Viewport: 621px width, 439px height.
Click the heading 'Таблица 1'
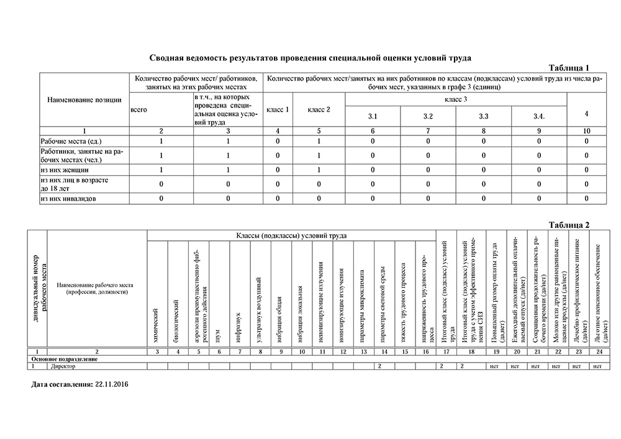coord(569,67)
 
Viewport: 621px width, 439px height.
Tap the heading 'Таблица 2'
coord(569,224)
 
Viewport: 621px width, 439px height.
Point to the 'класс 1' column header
coord(278,110)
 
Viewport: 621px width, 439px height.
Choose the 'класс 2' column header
coord(319,110)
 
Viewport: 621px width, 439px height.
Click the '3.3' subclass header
coord(483,116)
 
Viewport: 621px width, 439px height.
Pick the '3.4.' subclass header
coord(539,116)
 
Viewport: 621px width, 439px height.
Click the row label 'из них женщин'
coord(65,169)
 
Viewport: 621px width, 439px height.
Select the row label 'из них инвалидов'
coord(69,199)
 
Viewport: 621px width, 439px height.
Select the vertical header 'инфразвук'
coord(238,329)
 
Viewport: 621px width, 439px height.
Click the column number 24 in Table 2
coord(597,352)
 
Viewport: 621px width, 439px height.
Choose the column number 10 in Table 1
coord(586,130)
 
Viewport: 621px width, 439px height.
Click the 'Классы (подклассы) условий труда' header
coord(291,236)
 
